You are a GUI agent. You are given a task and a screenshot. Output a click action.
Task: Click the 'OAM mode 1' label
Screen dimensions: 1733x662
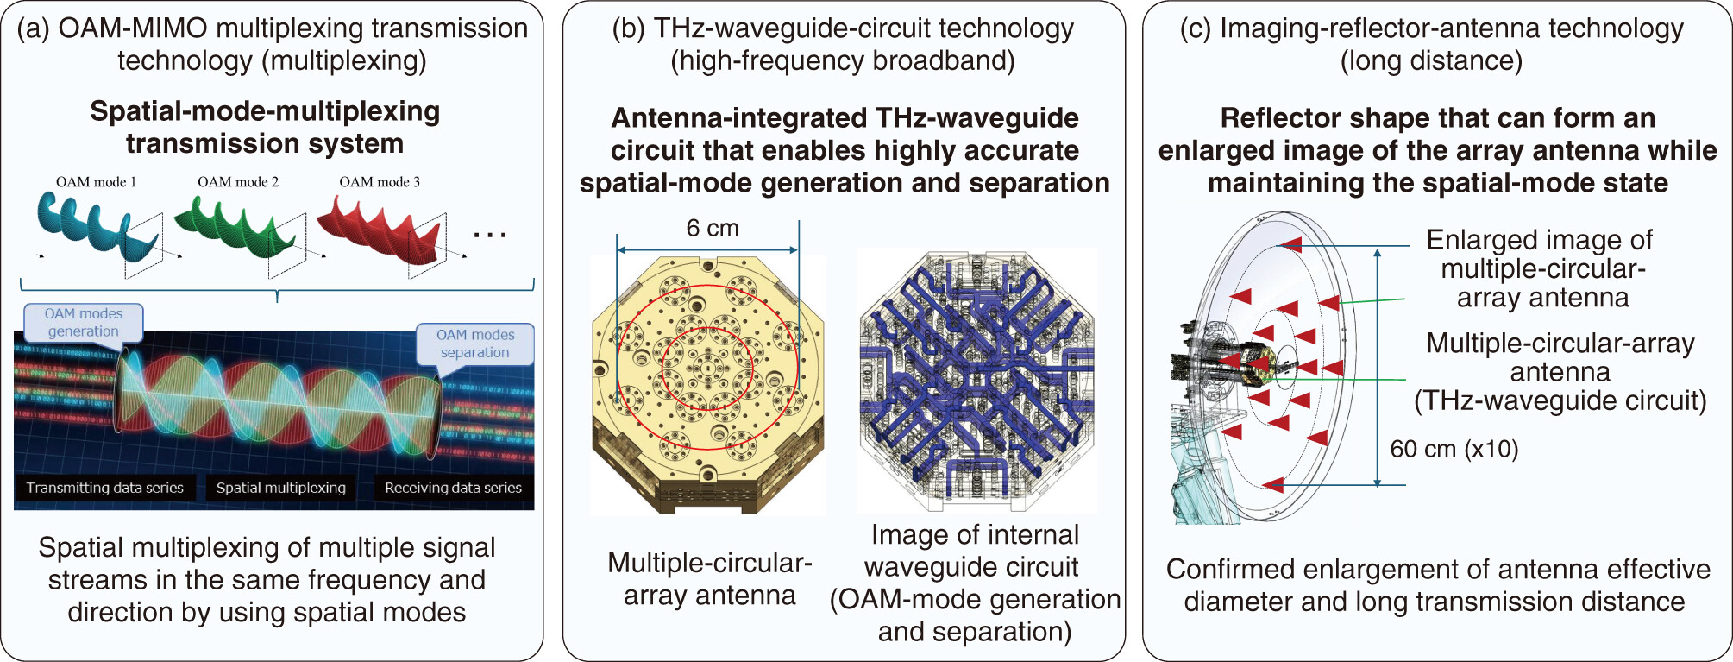coord(96,182)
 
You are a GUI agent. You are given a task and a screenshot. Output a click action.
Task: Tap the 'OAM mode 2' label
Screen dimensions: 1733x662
coord(238,182)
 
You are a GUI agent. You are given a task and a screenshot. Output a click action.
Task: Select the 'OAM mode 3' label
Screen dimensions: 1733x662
coord(380,182)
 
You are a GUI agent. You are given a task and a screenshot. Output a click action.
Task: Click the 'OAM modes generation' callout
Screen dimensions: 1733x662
coord(83,323)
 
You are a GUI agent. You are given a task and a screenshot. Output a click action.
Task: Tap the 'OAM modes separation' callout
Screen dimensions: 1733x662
coord(474,344)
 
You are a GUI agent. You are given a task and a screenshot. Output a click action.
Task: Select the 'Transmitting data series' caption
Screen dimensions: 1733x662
coord(104,488)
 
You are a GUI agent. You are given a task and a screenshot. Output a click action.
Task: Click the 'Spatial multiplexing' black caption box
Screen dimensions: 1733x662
coord(280,488)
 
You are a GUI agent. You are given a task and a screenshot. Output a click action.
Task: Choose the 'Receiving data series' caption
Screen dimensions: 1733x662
coord(453,488)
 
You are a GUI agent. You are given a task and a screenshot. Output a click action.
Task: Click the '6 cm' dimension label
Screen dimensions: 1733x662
coord(713,229)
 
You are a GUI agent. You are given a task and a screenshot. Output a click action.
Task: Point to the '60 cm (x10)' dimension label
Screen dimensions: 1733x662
coord(1454,449)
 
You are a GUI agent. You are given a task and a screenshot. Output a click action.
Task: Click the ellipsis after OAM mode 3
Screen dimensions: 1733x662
coord(490,234)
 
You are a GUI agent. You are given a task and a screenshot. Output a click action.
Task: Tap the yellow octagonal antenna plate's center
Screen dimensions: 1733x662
coord(707,368)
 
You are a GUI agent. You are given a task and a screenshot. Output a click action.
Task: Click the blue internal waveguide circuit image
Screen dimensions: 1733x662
coord(977,381)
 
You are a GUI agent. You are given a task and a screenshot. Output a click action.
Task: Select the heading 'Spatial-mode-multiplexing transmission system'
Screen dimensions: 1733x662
coord(265,127)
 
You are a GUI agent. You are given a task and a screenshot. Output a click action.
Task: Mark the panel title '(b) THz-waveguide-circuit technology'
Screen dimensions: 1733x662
coord(843,28)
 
